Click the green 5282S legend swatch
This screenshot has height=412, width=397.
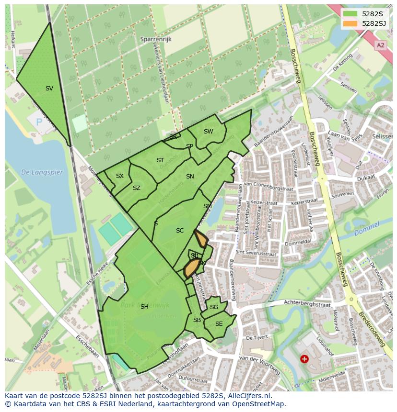point(350,13)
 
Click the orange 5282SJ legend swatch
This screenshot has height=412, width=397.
point(350,23)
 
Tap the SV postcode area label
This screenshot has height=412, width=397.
point(49,89)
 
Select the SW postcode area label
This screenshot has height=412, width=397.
point(208,132)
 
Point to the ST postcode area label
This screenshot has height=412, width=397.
point(160,160)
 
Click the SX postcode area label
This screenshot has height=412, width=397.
point(120,176)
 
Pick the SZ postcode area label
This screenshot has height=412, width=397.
point(137,188)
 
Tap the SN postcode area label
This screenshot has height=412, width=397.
point(190,177)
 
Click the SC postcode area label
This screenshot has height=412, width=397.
point(180,231)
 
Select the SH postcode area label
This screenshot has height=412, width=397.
point(144,307)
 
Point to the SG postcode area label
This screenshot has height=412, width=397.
point(214,307)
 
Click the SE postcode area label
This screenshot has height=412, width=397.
point(219,324)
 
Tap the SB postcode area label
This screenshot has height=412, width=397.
point(197,320)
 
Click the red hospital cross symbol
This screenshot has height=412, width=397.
point(304,358)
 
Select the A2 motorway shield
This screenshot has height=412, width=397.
point(380,45)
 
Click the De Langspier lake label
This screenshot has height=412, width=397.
point(42,172)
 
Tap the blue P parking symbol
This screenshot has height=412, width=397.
point(39,122)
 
